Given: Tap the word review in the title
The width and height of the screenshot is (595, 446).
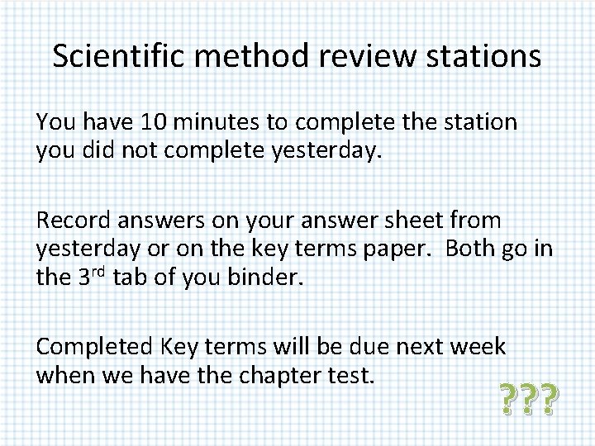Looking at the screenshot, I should (x=348, y=56).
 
